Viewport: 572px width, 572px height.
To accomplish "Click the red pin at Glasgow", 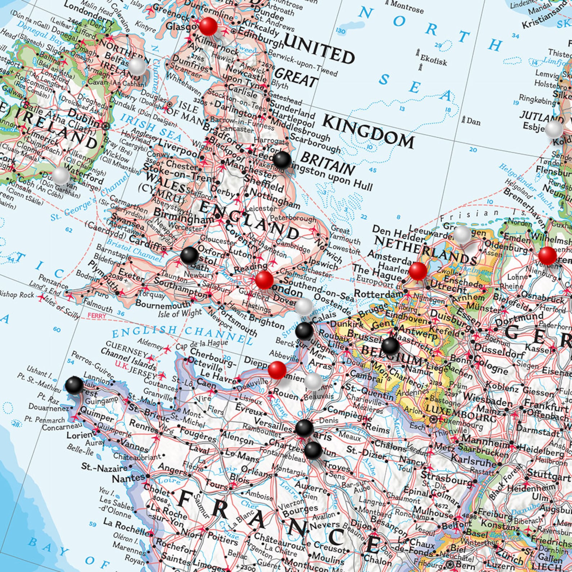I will point(208,26).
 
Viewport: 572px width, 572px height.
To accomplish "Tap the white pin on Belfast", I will point(137,67).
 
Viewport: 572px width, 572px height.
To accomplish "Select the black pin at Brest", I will point(74,385).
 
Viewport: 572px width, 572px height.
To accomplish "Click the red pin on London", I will point(264,280).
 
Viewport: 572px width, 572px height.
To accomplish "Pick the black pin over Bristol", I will point(189,255).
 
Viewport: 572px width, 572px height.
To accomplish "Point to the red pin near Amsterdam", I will point(418,271).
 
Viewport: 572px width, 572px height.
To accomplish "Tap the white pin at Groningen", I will point(462,235).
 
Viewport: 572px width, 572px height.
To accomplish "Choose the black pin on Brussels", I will point(390,346).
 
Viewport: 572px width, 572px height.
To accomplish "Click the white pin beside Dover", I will point(304,307).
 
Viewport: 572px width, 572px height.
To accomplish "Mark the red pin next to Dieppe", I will point(277,370).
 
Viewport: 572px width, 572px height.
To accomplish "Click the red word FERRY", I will point(97,316).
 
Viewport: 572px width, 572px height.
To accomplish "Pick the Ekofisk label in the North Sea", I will point(433,60).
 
